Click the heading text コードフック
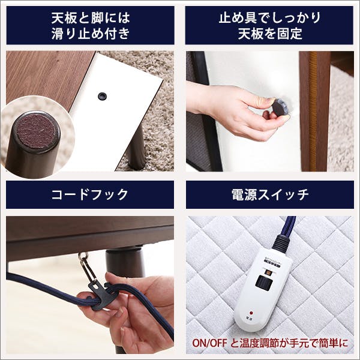[x=90, y=194]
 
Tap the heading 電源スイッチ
[x=270, y=194]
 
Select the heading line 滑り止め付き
[x=90, y=33]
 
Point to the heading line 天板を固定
[x=270, y=33]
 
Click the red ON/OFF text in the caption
[x=208, y=344]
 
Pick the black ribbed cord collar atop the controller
[x=280, y=242]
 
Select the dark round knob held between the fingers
[x=280, y=109]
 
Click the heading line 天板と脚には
[x=90, y=16]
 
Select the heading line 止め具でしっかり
[x=270, y=16]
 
